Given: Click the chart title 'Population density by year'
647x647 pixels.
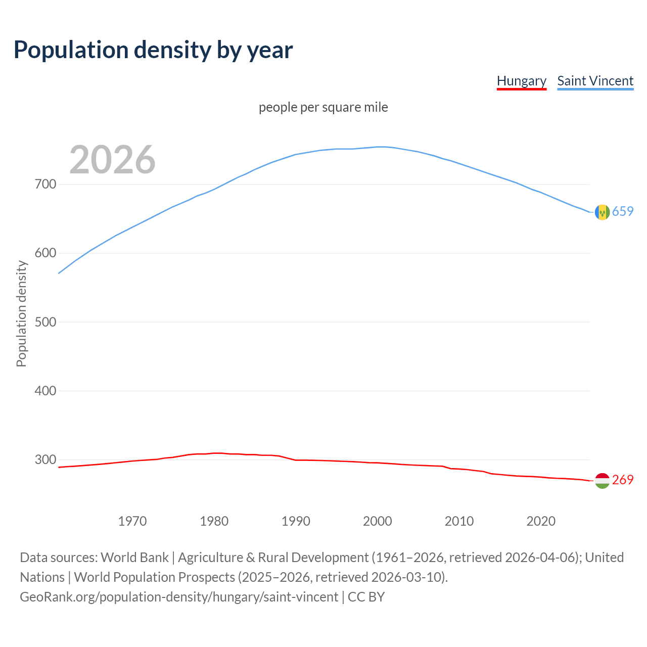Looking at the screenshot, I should click(153, 50).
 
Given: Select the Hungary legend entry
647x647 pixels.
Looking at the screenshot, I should click(522, 81).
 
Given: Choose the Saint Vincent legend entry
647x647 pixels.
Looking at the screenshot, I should click(595, 81).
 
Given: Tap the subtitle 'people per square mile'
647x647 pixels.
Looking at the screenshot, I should click(323, 108).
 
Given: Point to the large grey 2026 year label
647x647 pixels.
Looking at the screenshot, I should click(112, 160).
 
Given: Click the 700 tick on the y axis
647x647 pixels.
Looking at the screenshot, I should click(45, 184).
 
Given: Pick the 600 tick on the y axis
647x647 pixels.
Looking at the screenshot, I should click(45, 253).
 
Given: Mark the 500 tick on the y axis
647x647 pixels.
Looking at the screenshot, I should click(45, 322).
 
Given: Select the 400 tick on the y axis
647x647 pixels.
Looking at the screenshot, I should click(45, 391).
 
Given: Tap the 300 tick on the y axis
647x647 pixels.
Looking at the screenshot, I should click(45, 459).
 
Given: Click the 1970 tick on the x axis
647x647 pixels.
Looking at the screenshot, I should click(132, 521).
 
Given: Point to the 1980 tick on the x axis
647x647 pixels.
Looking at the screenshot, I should click(214, 521).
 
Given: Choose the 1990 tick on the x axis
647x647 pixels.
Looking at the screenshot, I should click(296, 521).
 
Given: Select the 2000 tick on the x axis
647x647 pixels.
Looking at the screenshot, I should click(378, 521).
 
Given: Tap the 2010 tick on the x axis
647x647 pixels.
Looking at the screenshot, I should click(459, 521).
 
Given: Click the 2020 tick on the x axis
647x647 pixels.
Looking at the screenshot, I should click(541, 521).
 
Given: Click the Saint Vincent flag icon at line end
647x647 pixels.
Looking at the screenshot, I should click(602, 212).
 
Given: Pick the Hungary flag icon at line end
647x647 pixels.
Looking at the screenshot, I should click(602, 481).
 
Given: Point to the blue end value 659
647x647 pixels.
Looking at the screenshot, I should click(623, 212).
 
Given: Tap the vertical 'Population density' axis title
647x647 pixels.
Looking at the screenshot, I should click(21, 313).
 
